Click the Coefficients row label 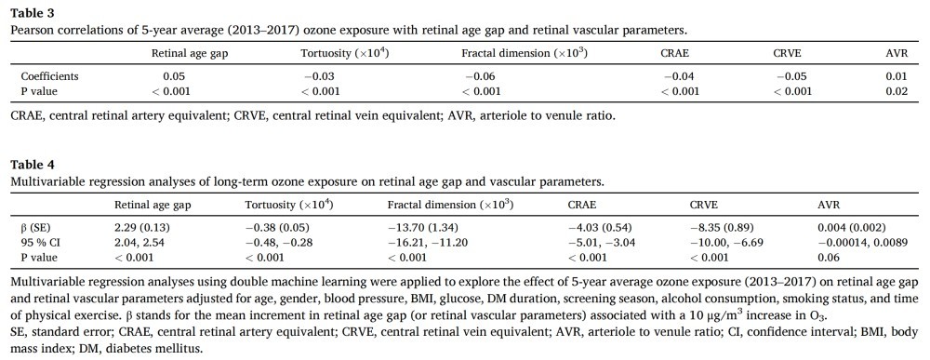point(50,76)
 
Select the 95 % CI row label point(41,243)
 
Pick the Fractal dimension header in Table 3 point(525,53)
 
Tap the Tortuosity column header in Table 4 point(288,206)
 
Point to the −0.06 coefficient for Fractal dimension point(480,76)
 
